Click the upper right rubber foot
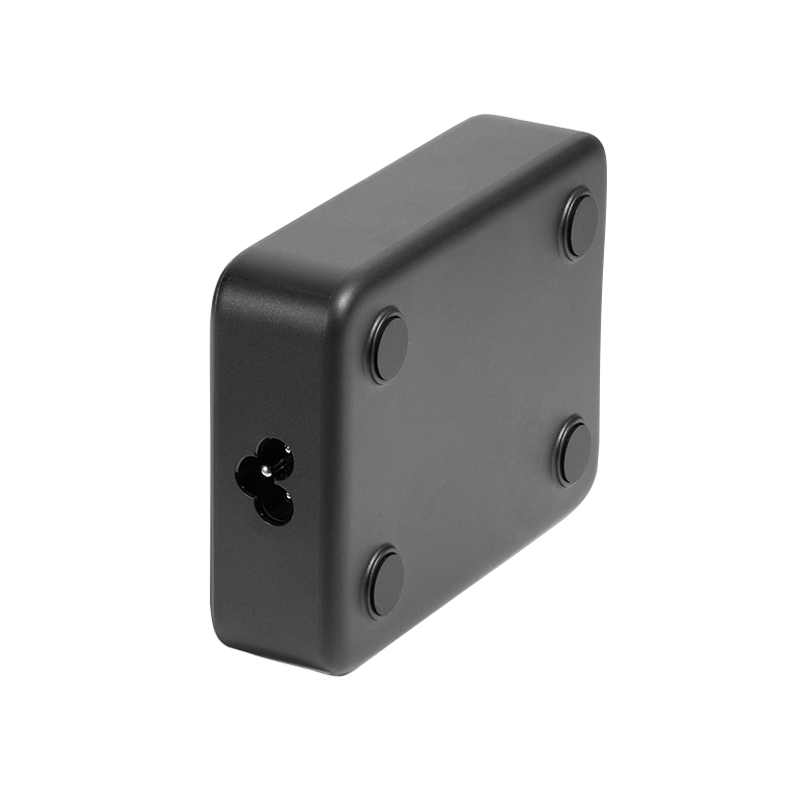(581, 226)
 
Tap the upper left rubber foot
(388, 346)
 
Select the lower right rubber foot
(573, 451)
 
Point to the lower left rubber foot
(384, 582)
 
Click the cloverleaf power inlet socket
(265, 480)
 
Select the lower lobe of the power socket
(274, 508)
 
